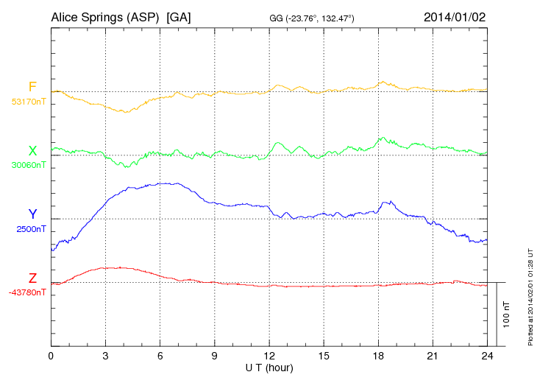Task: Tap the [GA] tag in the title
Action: [179, 16]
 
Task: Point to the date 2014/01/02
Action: [455, 16]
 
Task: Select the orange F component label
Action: [32, 88]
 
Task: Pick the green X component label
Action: [32, 151]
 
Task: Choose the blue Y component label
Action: [32, 214]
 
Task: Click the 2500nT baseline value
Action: [31, 229]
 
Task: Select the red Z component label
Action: [32, 278]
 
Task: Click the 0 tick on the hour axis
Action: [51, 356]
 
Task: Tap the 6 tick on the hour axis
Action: [160, 356]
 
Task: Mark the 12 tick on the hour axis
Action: [269, 356]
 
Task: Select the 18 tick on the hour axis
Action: [378, 356]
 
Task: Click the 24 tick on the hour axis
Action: [487, 356]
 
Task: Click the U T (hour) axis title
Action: [268, 367]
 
